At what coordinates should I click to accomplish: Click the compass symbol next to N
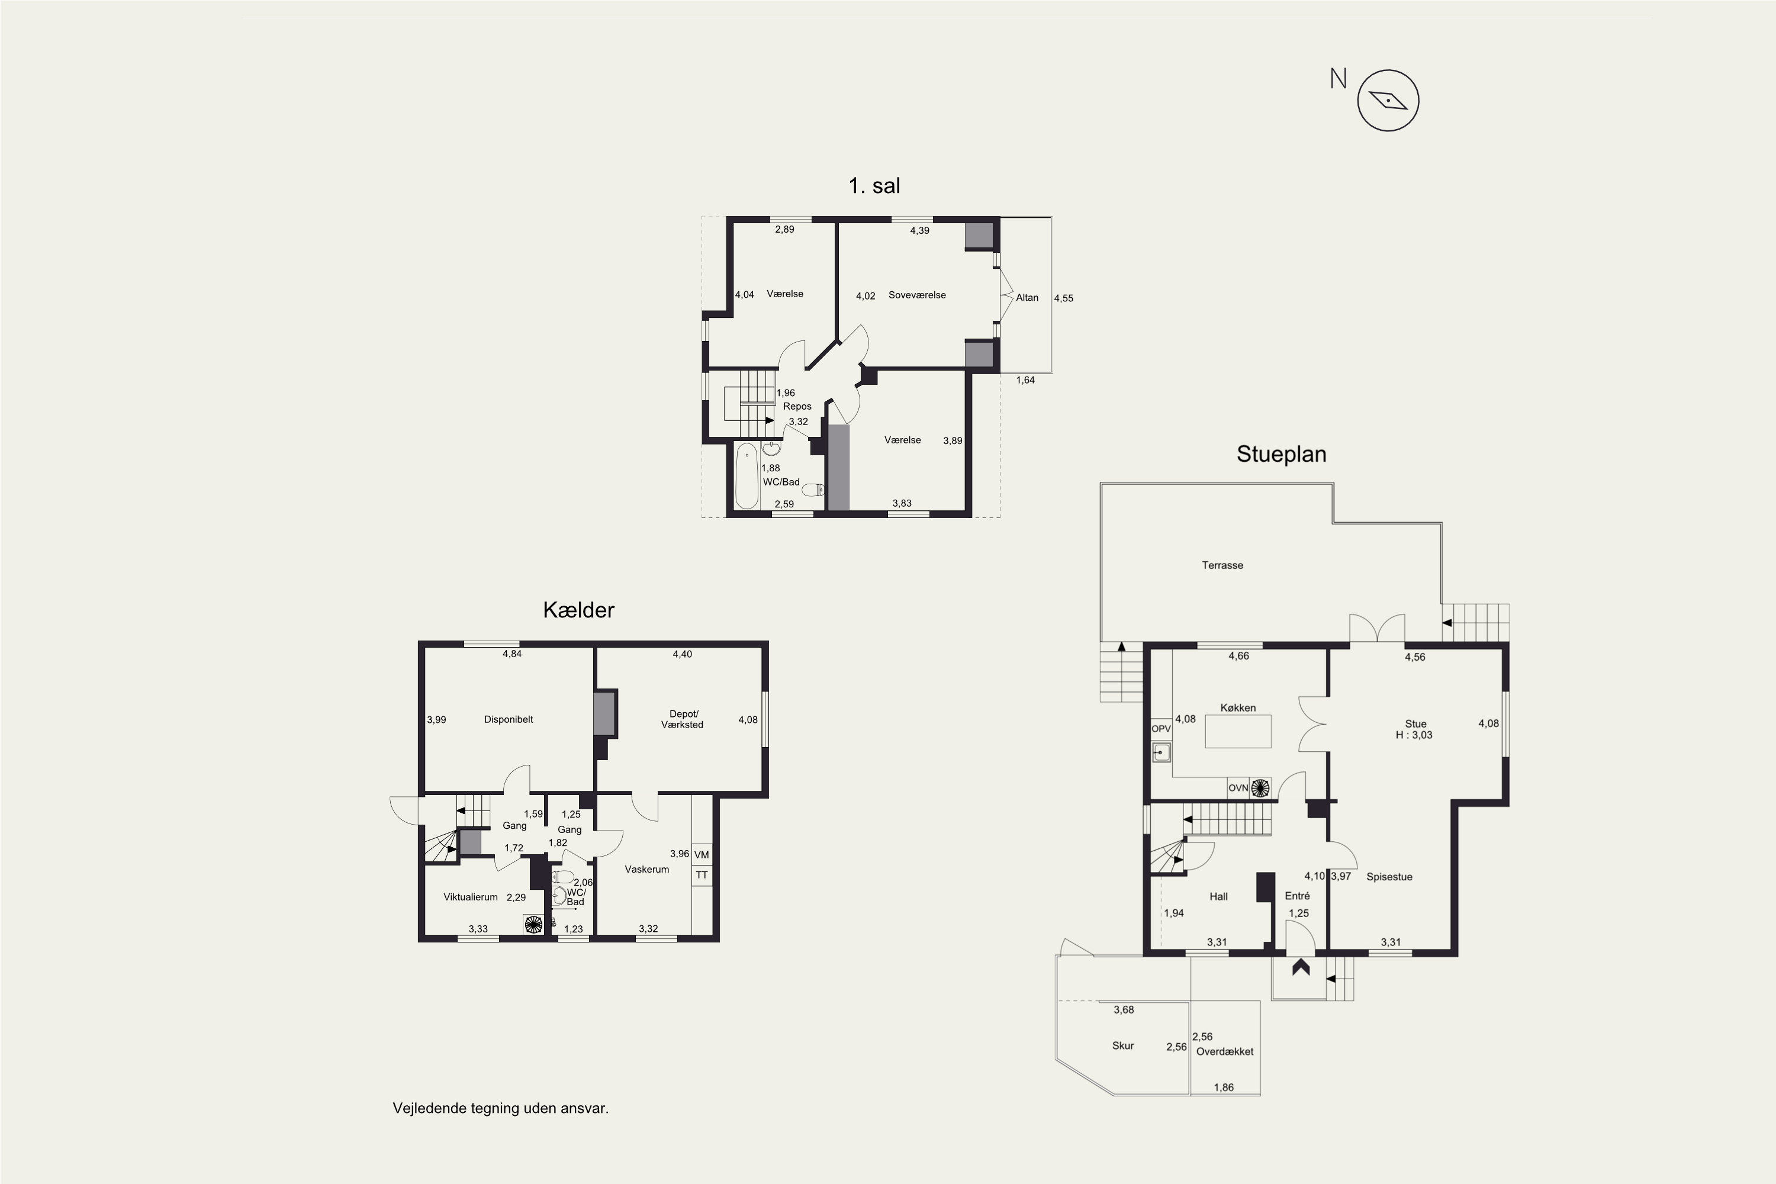(1388, 101)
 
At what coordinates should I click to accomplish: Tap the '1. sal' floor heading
(874, 186)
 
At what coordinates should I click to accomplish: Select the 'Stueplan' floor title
(1282, 454)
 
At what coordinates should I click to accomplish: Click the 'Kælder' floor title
(578, 610)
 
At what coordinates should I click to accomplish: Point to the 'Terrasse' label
(1222, 565)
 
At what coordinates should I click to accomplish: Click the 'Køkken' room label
(1238, 707)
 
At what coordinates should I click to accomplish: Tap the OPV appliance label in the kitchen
(1160, 729)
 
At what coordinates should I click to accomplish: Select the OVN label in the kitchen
(1238, 787)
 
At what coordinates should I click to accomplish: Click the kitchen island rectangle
(1238, 732)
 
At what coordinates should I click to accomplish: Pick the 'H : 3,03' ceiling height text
(1414, 735)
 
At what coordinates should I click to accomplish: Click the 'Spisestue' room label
(1389, 877)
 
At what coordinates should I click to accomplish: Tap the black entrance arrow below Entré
(1300, 967)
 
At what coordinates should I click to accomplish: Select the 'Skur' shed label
(1123, 1046)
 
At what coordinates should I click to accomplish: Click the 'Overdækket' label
(1225, 1051)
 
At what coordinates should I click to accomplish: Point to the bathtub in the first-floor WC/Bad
(747, 476)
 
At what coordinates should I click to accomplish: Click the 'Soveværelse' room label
(916, 295)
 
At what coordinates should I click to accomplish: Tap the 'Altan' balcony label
(1027, 298)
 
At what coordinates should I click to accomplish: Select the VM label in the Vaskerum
(702, 855)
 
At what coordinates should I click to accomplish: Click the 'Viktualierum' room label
(471, 897)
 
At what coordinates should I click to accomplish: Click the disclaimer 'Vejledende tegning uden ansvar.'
(501, 1108)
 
